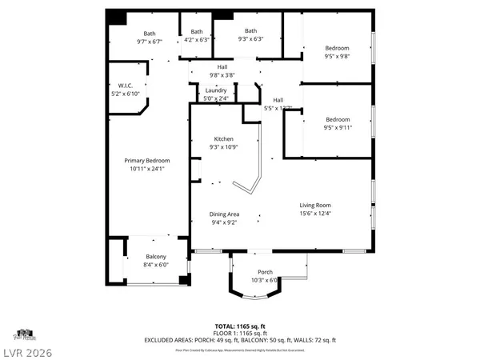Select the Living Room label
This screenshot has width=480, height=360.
pyautogui.click(x=315, y=205)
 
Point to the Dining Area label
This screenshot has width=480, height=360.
pyautogui.click(x=224, y=214)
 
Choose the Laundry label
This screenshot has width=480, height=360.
pyautogui.click(x=216, y=90)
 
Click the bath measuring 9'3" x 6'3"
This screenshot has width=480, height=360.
pyautogui.click(x=250, y=30)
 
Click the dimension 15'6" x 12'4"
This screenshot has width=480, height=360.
pyautogui.click(x=315, y=212)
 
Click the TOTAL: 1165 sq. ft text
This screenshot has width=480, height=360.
pyautogui.click(x=239, y=327)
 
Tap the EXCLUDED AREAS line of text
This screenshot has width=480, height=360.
pyautogui.click(x=239, y=340)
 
